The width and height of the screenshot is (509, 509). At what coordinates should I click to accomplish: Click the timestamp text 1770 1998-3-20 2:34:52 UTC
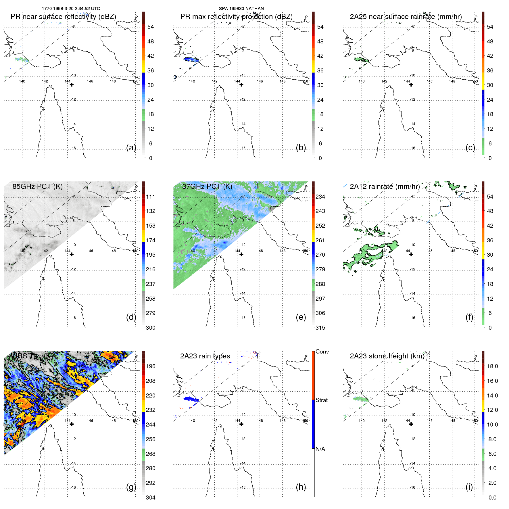[71, 9]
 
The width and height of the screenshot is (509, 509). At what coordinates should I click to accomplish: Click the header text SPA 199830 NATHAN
[241, 9]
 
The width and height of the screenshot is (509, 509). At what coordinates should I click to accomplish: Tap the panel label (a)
[131, 147]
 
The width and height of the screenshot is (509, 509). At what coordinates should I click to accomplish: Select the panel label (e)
[301, 317]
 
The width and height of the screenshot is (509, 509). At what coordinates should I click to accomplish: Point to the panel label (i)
[469, 487]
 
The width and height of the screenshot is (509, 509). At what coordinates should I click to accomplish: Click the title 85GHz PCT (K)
[37, 186]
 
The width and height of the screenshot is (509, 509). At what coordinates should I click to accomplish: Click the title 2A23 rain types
[205, 356]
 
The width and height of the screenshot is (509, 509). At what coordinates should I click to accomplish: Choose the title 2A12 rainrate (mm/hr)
[385, 186]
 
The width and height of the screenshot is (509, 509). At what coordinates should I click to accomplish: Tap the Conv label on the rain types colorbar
[322, 352]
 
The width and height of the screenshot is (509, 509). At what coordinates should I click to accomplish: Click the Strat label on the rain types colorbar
[321, 400]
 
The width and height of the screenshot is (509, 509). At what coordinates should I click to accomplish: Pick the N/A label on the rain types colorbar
[320, 449]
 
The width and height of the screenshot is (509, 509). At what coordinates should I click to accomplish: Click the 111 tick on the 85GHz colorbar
[150, 197]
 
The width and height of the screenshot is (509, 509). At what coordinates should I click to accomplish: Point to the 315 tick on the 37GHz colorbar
[320, 328]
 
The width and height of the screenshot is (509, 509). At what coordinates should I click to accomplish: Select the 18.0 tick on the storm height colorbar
[492, 366]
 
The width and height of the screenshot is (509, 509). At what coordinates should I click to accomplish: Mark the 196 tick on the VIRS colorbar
[150, 366]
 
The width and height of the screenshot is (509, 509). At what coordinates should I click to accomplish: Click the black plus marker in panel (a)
[72, 84]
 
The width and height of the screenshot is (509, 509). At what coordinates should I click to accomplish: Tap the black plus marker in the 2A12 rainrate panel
[411, 254]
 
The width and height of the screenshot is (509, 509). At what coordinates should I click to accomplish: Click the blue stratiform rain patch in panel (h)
[190, 399]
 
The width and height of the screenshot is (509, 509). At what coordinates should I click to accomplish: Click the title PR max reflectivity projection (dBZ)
[236, 17]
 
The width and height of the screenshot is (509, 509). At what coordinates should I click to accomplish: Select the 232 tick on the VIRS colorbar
[150, 410]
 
